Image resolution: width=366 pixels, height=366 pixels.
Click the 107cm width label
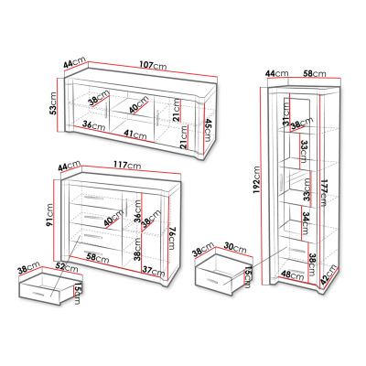point(153,65)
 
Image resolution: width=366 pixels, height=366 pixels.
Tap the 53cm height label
point(53,103)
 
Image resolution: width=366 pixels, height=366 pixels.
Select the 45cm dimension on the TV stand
point(208,130)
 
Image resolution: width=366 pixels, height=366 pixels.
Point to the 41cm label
point(135,134)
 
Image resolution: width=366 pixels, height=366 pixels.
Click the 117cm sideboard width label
point(127,165)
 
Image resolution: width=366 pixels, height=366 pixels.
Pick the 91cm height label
point(49,215)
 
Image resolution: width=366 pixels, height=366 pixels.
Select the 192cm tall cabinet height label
point(256,180)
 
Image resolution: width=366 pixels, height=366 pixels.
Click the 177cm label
point(323,193)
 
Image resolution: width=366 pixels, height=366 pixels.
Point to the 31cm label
point(285,113)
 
